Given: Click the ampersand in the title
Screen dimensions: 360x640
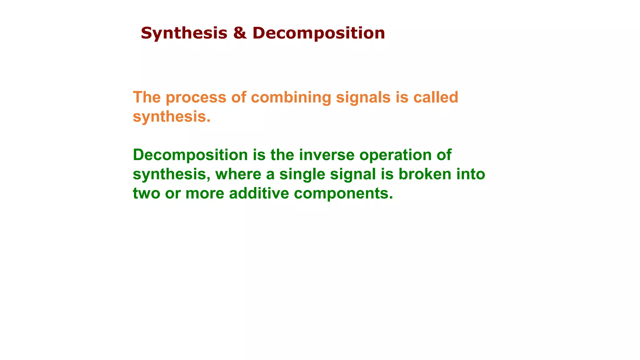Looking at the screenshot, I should pyautogui.click(x=240, y=33).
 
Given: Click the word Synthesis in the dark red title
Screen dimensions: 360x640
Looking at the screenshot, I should pyautogui.click(x=184, y=33).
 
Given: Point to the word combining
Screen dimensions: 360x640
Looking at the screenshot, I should pyautogui.click(x=291, y=97).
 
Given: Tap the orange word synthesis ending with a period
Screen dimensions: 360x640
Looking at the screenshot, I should pyautogui.click(x=172, y=117).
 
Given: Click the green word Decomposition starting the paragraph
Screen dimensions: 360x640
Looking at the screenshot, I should pyautogui.click(x=190, y=155).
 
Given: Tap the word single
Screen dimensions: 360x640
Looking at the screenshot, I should pyautogui.click(x=302, y=174).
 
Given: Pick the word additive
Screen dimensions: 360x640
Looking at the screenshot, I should pyautogui.click(x=259, y=193).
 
